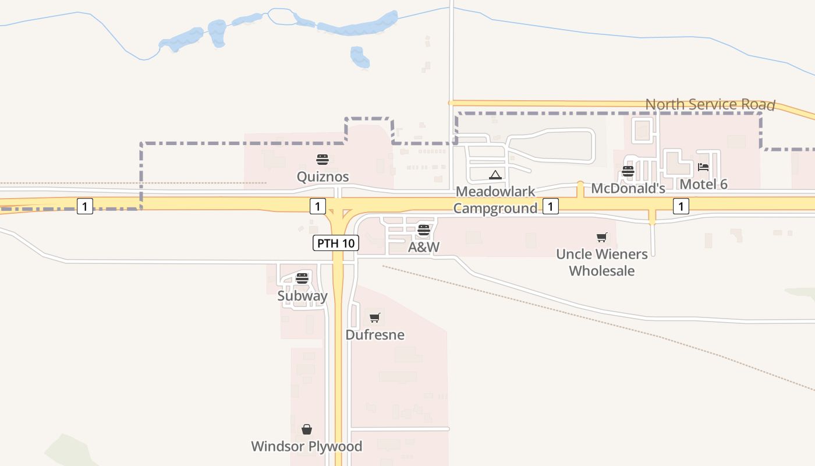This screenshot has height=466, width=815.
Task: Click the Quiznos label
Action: [x=323, y=176]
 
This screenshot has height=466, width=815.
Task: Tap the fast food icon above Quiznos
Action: [x=323, y=160]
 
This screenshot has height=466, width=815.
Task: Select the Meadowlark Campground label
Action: [x=495, y=200]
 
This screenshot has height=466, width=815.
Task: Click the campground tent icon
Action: [x=495, y=175]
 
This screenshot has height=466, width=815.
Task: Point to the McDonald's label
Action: [x=628, y=188]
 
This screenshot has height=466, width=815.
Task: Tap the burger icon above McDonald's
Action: [x=628, y=171]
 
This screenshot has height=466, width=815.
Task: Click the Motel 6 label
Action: [x=703, y=184]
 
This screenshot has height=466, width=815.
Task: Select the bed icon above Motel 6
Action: [x=703, y=167]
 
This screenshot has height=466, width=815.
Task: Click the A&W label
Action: [x=423, y=247]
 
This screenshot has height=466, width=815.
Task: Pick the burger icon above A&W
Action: [x=423, y=230]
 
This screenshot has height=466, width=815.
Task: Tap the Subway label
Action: [x=302, y=295]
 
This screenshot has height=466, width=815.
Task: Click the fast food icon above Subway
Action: [x=302, y=278]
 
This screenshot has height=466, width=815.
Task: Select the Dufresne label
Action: [x=375, y=335]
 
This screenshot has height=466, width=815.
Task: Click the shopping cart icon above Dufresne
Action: [x=375, y=318]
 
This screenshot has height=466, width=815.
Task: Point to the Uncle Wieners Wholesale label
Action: [x=602, y=262]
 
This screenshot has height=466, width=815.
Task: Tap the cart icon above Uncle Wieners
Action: [x=602, y=237]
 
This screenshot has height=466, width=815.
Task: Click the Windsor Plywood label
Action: [x=306, y=446]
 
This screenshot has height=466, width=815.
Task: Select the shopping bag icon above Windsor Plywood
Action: [x=307, y=430]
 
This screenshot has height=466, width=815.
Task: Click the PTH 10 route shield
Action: [x=336, y=243]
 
